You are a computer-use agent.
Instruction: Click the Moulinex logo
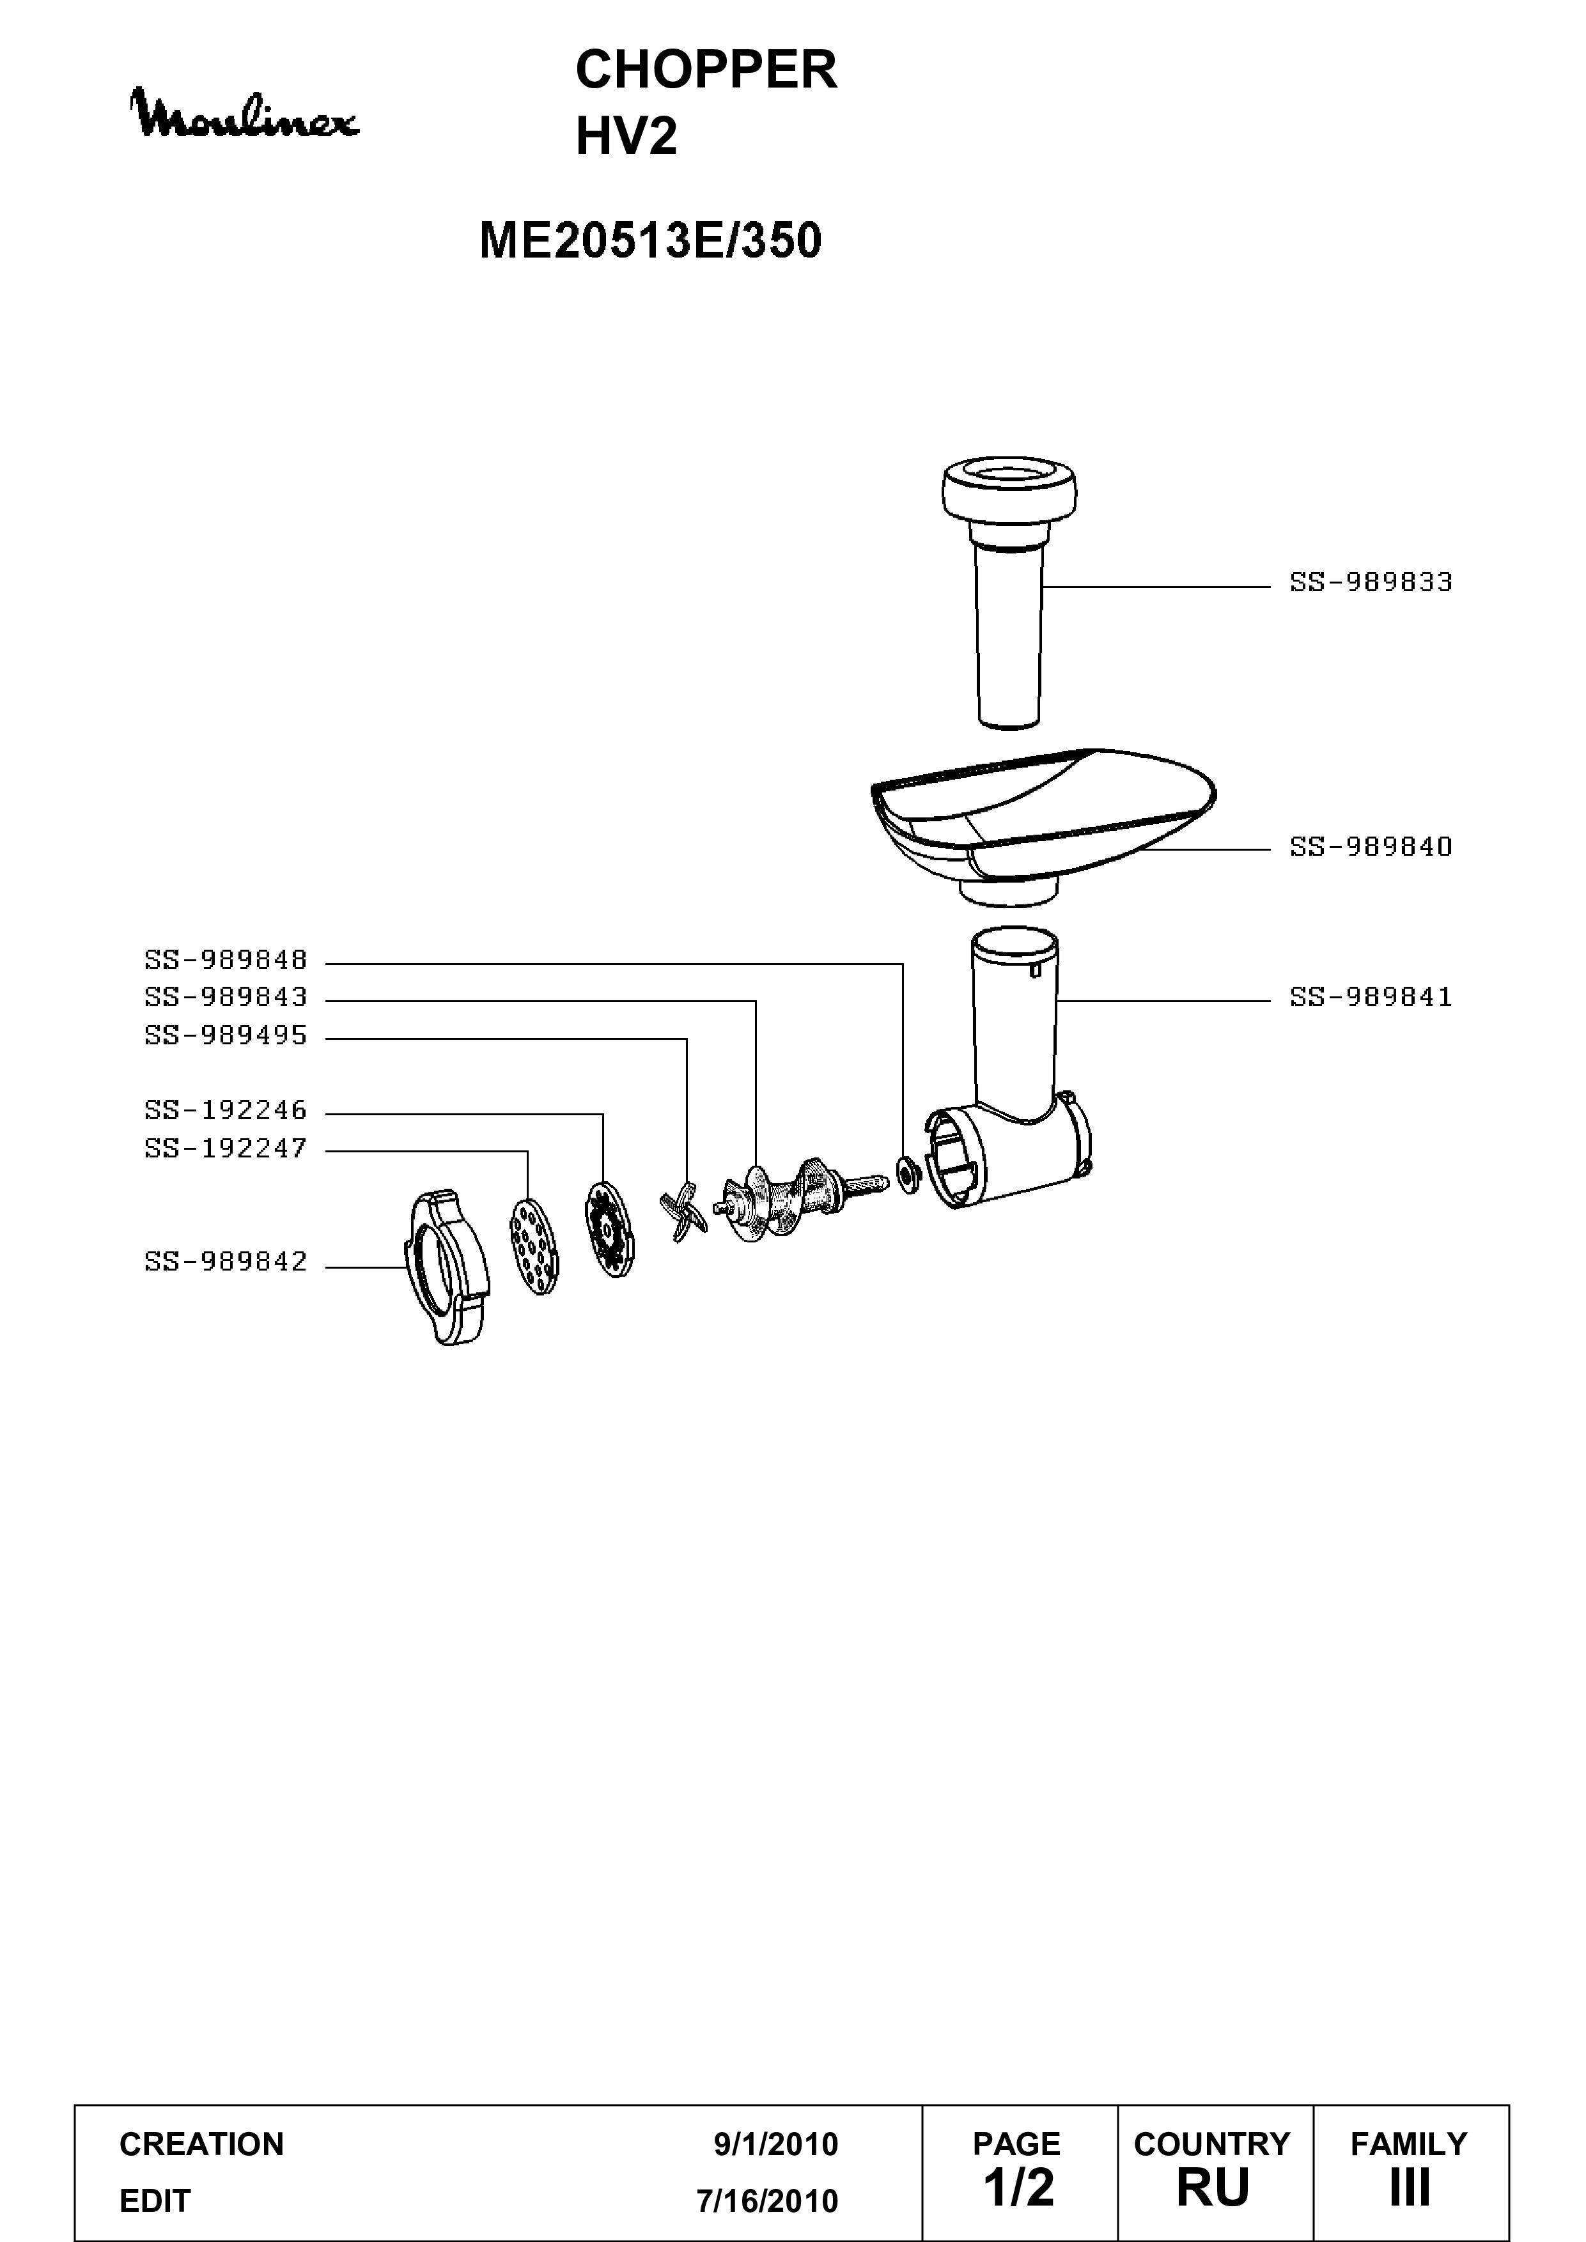[246, 114]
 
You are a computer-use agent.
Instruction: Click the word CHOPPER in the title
[706, 70]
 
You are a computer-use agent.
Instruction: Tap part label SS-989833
[1371, 583]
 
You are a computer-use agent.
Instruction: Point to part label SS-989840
[1371, 847]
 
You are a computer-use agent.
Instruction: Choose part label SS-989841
[1371, 997]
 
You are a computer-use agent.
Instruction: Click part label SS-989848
[226, 961]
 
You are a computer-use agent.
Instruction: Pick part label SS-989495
[226, 1035]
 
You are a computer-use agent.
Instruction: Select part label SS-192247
[226, 1148]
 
